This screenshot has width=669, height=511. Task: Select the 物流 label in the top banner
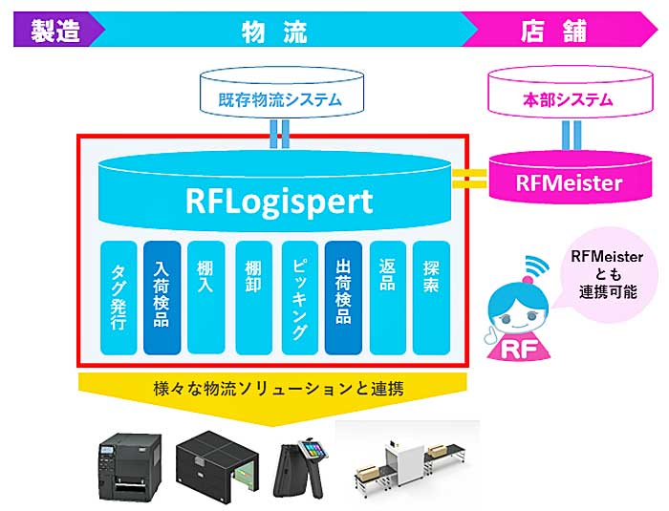[x=274, y=32]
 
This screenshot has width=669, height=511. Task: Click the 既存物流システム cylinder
[x=282, y=94]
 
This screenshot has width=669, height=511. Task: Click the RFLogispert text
[x=279, y=201]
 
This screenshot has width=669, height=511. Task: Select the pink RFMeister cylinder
[x=571, y=177]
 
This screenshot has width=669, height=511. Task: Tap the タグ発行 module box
[x=119, y=297]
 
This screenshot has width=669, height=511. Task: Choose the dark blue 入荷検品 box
[x=162, y=297]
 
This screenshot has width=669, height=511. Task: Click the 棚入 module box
[x=206, y=297]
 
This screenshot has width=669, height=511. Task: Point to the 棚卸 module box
[x=254, y=297]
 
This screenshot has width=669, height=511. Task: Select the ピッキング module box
[x=300, y=297]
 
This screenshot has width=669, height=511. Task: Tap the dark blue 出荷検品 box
[x=343, y=297]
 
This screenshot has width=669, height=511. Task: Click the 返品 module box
[x=388, y=297]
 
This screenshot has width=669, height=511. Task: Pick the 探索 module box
[x=431, y=297]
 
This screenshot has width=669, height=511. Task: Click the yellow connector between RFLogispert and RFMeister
[x=469, y=179]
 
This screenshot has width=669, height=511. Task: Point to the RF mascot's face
[x=518, y=309]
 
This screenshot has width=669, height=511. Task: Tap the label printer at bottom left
[x=131, y=467]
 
